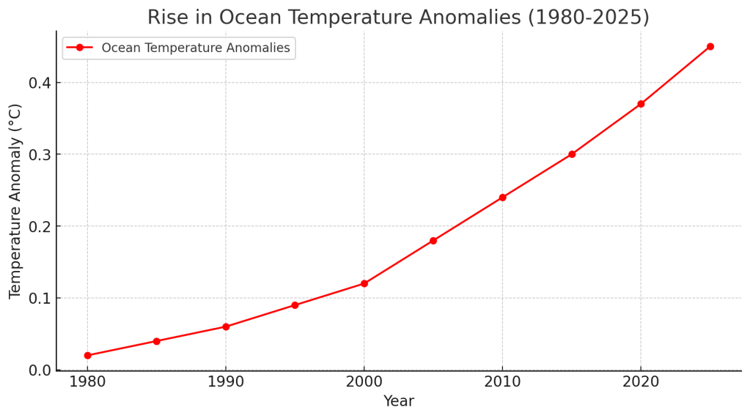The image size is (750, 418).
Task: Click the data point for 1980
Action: (x=87, y=355)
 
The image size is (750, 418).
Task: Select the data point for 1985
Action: (x=156, y=341)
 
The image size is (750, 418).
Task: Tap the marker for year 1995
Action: (x=295, y=305)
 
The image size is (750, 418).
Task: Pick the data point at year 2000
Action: (x=364, y=283)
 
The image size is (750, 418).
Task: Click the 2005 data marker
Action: (x=433, y=240)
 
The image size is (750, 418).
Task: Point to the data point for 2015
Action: (x=572, y=154)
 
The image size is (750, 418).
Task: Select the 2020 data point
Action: (x=641, y=104)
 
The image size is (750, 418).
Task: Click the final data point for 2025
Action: (x=710, y=46)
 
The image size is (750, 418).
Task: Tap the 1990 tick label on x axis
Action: (x=226, y=383)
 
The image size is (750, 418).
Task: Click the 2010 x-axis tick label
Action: (x=502, y=383)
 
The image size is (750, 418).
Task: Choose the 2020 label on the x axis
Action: (x=641, y=383)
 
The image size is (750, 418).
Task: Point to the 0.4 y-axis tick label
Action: (x=40, y=83)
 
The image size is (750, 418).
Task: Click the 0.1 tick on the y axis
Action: (x=40, y=299)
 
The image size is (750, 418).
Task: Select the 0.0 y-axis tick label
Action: (x=40, y=370)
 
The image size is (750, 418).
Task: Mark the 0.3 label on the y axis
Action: (x=40, y=154)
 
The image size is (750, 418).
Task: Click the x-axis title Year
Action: (x=399, y=402)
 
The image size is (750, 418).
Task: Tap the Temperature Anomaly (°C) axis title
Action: (x=15, y=201)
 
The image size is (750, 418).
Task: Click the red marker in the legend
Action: (x=79, y=48)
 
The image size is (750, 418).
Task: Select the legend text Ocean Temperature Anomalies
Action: (x=196, y=48)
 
